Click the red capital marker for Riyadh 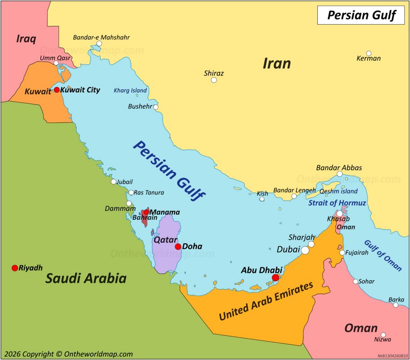pos(15,268)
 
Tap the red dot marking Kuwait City pos(56,90)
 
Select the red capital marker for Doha pos(178,246)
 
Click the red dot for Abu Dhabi pos(275,278)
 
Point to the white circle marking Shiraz pos(214,80)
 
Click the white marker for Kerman pos(368,53)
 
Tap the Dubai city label pos(288,250)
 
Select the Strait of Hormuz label pos(337,203)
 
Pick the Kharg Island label pos(130,91)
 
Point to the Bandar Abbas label pos(339,167)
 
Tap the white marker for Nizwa pos(383,335)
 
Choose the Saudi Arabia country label pos(86,279)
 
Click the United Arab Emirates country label pos(266,302)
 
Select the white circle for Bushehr pos(156,107)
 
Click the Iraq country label pos(26,39)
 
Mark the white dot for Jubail pos(114,182)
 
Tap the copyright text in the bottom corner pos(68,354)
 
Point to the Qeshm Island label pos(338,191)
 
